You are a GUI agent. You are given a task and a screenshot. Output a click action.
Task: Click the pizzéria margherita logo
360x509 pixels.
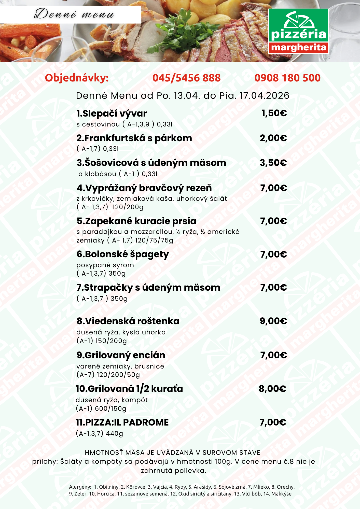(x=298, y=31)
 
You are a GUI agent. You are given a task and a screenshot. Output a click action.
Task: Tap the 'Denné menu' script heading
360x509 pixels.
(x=74, y=14)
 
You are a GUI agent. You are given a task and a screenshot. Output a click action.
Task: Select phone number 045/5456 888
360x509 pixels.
(x=186, y=78)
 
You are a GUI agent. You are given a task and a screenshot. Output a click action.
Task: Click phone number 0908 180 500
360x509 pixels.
(x=287, y=78)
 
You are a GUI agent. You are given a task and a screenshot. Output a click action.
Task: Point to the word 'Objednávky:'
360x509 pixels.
(x=77, y=78)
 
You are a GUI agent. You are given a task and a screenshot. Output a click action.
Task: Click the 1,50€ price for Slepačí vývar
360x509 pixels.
(x=274, y=113)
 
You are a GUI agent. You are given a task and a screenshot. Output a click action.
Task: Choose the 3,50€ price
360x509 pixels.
(x=273, y=163)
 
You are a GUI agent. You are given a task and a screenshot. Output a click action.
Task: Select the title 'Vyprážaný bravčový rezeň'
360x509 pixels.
(x=144, y=188)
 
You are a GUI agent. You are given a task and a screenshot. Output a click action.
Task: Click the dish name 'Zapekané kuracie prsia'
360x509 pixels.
(x=136, y=221)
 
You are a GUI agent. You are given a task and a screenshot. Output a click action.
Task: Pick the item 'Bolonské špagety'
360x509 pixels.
(x=123, y=254)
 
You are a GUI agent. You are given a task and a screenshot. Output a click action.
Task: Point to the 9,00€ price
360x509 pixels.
(x=273, y=321)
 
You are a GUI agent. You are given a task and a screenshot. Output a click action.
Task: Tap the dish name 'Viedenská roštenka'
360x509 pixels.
(x=128, y=321)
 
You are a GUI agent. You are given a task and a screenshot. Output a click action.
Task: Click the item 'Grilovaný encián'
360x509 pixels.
(x=121, y=355)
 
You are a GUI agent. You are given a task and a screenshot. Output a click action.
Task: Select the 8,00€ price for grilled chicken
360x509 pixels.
(x=272, y=389)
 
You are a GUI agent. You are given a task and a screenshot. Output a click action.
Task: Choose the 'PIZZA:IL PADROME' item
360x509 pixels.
(x=122, y=422)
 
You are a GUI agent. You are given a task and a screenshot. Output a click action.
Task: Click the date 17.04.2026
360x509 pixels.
(x=264, y=96)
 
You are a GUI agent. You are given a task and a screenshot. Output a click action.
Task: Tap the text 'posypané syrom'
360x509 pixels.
(x=105, y=265)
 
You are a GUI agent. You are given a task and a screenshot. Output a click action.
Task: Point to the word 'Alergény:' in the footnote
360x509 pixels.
(x=80, y=487)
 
